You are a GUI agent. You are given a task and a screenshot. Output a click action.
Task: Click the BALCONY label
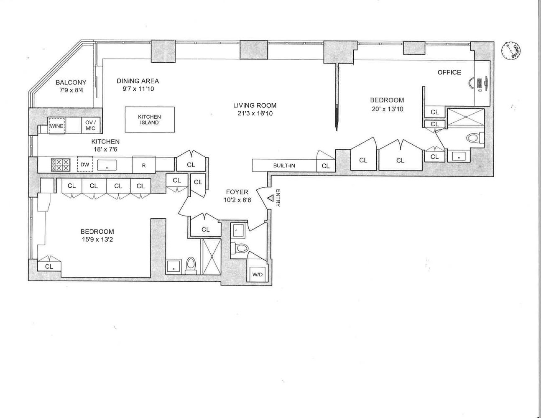pyautogui.click(x=71, y=83)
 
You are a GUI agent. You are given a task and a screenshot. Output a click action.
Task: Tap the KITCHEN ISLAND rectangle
pyautogui.click(x=149, y=120)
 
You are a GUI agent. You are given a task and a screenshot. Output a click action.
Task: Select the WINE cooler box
pyautogui.click(x=56, y=125)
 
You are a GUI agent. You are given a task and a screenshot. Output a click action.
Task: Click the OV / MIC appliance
pyautogui.click(x=90, y=125)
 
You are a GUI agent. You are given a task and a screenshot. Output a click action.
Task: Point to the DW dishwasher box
pyautogui.click(x=85, y=165)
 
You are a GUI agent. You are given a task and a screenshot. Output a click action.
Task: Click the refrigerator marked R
pyautogui.click(x=143, y=165)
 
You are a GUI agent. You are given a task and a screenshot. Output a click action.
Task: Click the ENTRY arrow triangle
pyautogui.click(x=270, y=199)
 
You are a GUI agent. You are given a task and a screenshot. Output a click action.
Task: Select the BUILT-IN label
pyautogui.click(x=284, y=166)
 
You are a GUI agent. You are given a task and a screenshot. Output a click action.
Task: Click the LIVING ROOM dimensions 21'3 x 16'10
pyautogui.click(x=255, y=113)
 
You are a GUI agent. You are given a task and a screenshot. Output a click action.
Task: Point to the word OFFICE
pyautogui.click(x=449, y=72)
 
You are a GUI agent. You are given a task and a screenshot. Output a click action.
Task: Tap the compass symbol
pyautogui.click(x=511, y=49)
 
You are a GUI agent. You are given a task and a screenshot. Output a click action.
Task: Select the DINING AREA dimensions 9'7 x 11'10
pyautogui.click(x=138, y=89)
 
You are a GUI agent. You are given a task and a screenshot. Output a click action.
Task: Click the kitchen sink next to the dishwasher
pyautogui.click(x=107, y=165)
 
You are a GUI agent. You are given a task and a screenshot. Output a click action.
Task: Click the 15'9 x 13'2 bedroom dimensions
pyautogui.click(x=97, y=240)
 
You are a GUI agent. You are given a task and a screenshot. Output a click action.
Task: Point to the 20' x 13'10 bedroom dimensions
pyautogui.click(x=387, y=109)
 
